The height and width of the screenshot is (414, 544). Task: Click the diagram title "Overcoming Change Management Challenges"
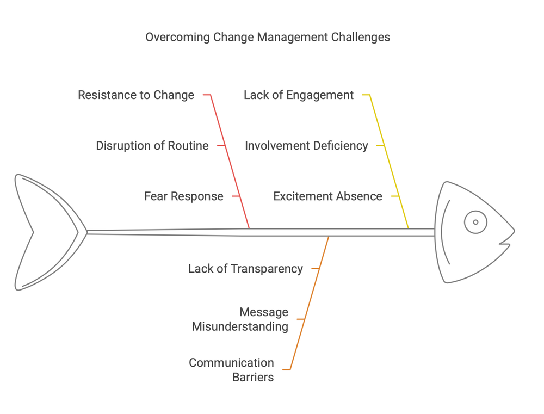pyautogui.click(x=268, y=37)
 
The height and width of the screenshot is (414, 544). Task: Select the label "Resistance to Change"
pyautogui.click(x=136, y=95)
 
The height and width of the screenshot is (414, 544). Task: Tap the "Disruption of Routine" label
pyautogui.click(x=152, y=146)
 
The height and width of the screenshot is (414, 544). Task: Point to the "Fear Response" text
pyautogui.click(x=184, y=196)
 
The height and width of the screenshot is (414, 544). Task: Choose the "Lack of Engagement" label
pyautogui.click(x=299, y=95)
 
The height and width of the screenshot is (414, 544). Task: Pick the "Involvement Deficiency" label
pyautogui.click(x=306, y=146)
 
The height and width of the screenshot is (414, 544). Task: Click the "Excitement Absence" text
pyautogui.click(x=327, y=196)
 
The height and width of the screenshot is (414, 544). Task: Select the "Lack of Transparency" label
pyautogui.click(x=245, y=268)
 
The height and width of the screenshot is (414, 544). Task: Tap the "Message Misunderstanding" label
pyautogui.click(x=240, y=319)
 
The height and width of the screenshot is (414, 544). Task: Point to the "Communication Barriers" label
pyautogui.click(x=231, y=370)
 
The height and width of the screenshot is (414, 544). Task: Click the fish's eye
pyautogui.click(x=475, y=222)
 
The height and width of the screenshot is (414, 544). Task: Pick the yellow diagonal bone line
pyautogui.click(x=390, y=163)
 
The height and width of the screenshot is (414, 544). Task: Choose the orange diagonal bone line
pyautogui.click(x=310, y=299)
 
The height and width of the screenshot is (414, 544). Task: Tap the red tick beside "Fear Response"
pyautogui.click(x=236, y=196)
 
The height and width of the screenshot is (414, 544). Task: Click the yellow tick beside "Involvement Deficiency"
pyautogui.click(x=381, y=145)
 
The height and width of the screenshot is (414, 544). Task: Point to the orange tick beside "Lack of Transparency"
pyautogui.click(x=315, y=268)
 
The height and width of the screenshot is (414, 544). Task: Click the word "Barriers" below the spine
pyautogui.click(x=253, y=377)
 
